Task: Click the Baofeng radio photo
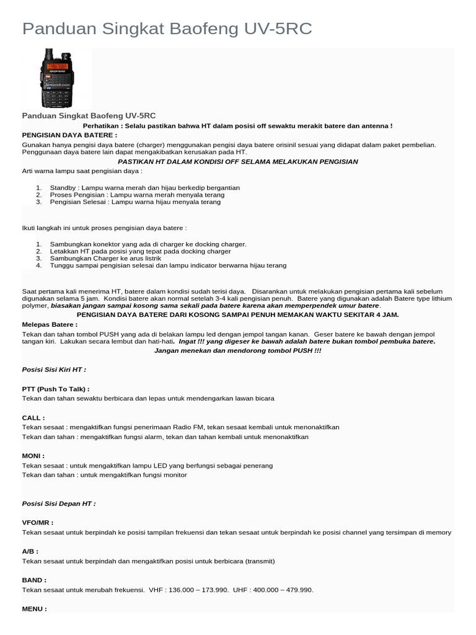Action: click(57, 78)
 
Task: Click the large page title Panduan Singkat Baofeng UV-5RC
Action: click(167, 29)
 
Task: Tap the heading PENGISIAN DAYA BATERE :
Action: click(69, 135)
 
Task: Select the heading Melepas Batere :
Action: click(50, 324)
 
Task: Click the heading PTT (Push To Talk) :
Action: click(56, 389)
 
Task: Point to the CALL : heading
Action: click(33, 418)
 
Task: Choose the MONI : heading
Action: click(33, 456)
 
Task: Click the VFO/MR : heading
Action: click(38, 523)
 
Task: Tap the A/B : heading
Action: click(30, 551)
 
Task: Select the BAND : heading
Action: click(34, 580)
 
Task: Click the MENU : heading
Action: click(34, 609)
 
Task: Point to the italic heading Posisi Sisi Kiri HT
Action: click(54, 370)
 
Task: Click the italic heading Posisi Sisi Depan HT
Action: click(59, 504)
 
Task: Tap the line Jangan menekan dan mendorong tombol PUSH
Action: click(237, 351)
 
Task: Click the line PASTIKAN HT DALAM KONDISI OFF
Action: click(237, 161)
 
